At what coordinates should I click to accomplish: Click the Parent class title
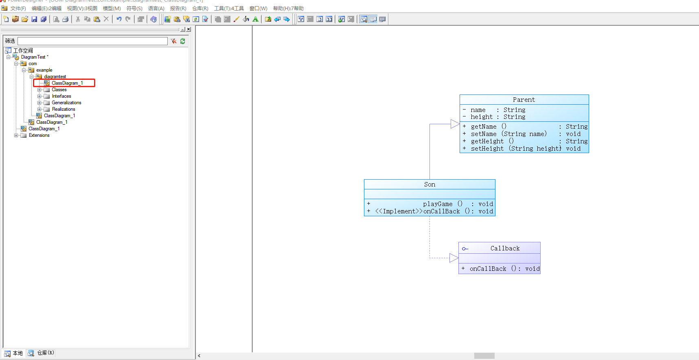coord(524,100)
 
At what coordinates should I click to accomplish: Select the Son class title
coord(429,184)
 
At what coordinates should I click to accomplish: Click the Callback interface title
coord(505,248)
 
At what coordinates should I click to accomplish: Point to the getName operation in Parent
coord(484,127)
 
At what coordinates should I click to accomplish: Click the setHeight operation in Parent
coord(487,149)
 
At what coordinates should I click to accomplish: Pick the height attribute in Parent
coord(481,117)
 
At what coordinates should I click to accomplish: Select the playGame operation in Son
coord(438,204)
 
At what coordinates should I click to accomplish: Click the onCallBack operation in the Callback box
coord(488,269)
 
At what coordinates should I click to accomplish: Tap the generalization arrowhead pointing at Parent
coord(455,124)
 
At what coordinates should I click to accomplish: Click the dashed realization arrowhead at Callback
coord(454,258)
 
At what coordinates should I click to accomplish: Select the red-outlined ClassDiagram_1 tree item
coord(67,83)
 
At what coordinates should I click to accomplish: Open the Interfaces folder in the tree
coord(61,96)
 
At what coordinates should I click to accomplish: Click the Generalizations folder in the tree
coord(66,103)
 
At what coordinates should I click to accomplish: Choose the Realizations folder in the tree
coord(63,109)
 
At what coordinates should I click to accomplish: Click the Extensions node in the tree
coord(39,135)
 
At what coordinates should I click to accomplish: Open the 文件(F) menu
coord(18,9)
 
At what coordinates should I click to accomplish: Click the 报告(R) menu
coord(178,9)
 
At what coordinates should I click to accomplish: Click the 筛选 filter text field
coord(92,41)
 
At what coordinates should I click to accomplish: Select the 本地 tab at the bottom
coord(14,353)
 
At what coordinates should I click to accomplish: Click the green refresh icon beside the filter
coord(183,41)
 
